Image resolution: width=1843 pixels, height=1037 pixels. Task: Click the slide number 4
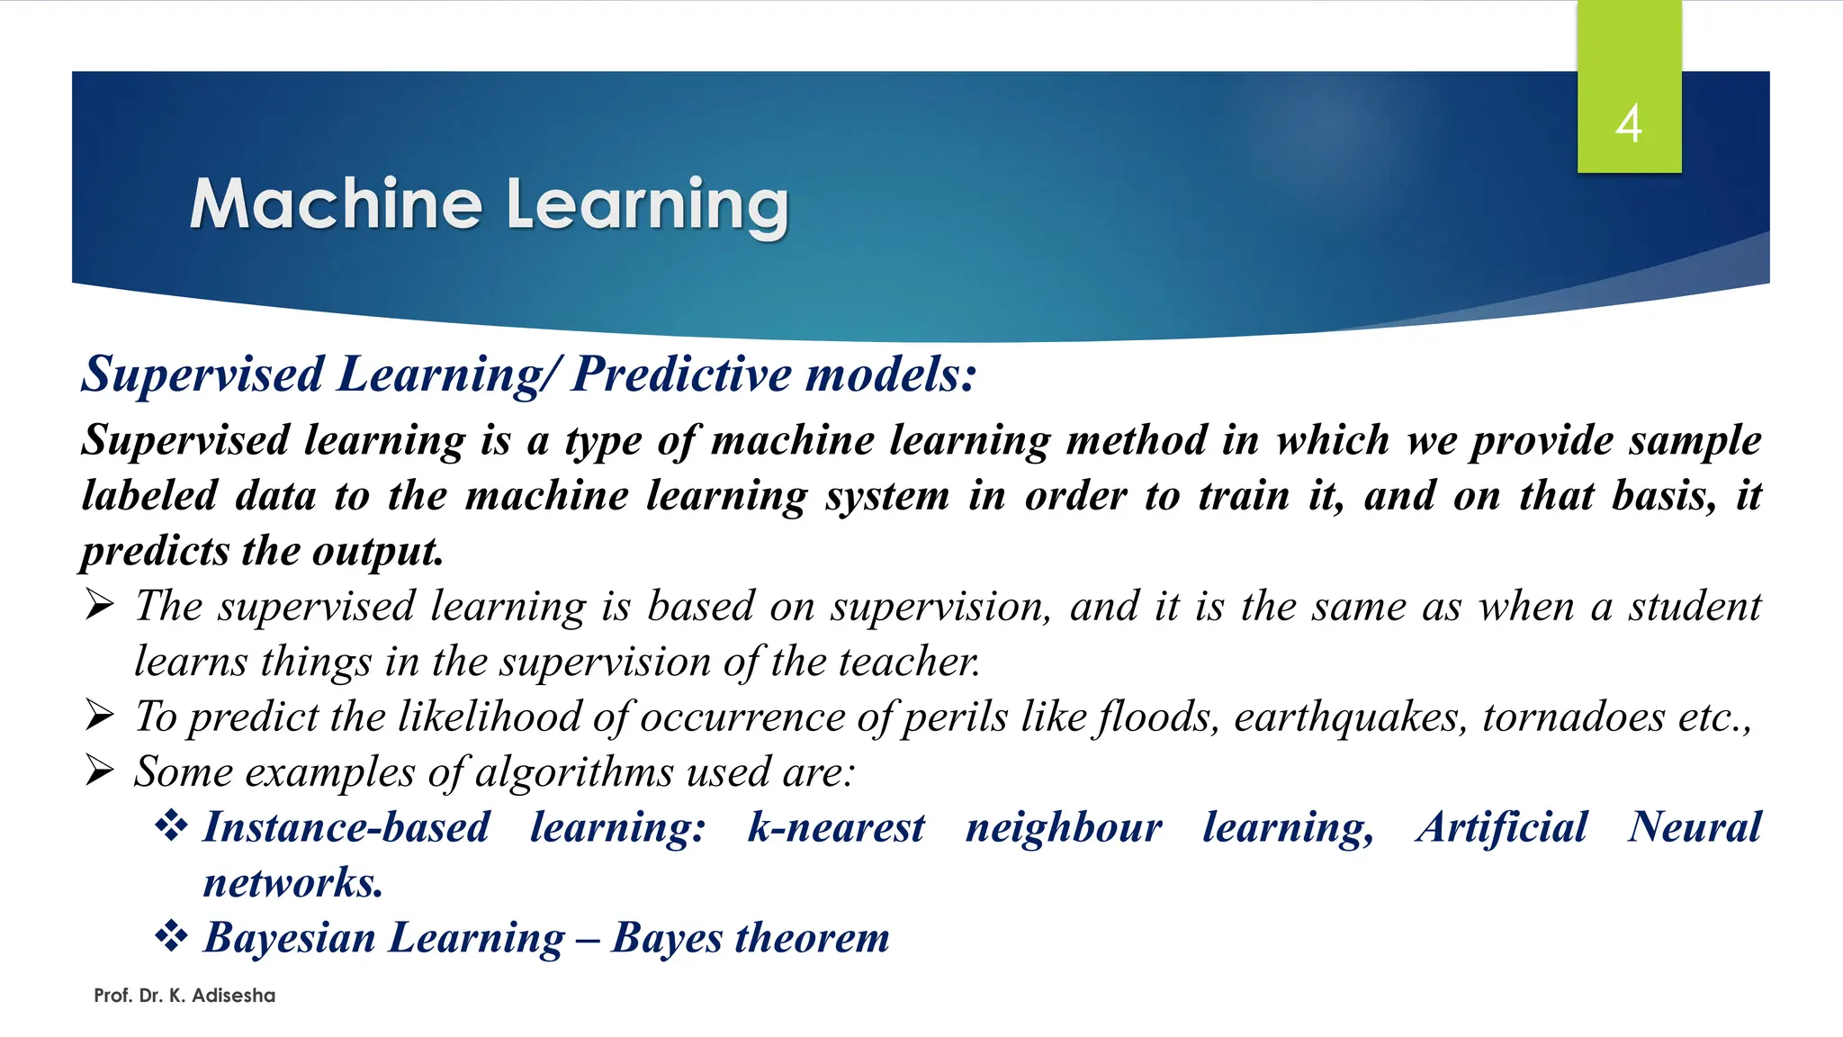1628,123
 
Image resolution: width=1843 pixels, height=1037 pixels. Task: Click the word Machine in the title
336,204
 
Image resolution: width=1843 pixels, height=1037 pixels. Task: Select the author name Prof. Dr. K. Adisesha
184,996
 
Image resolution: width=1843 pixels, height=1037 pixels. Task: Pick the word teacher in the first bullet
909,663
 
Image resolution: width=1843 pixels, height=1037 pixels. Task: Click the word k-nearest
835,827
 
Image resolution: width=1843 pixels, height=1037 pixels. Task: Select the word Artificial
1501,827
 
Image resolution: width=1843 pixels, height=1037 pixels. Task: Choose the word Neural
1694,827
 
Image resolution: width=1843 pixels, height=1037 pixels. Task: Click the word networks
292,883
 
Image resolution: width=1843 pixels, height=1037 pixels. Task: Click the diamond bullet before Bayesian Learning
171,936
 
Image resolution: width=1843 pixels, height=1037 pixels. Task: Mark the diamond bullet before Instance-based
171,825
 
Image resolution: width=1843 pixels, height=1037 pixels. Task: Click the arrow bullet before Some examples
100,771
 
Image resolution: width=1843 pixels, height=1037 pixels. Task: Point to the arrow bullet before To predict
100,716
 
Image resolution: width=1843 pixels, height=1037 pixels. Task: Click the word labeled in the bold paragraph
149,496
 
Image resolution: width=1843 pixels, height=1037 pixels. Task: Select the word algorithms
573,772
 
